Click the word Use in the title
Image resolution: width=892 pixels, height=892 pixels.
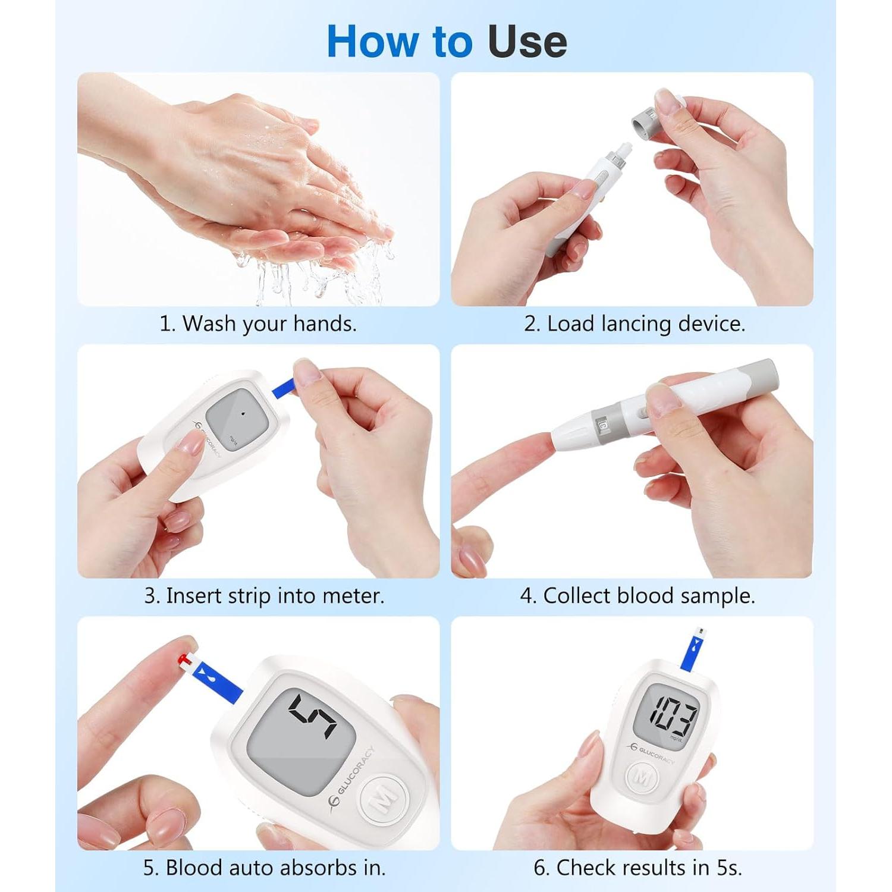(x=527, y=42)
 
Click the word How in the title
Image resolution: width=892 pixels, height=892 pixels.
(x=373, y=42)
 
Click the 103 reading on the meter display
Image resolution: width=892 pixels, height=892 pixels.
(x=673, y=714)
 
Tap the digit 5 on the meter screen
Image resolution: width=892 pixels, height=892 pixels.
(x=312, y=716)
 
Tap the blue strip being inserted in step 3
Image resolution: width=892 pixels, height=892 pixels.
(x=284, y=387)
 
